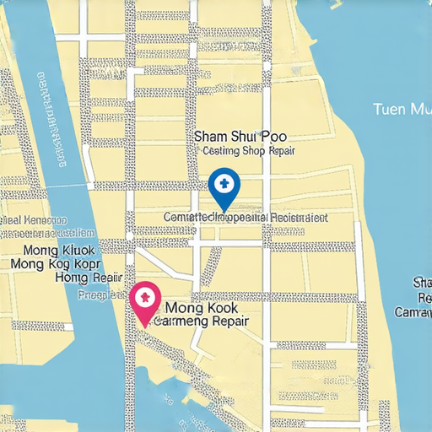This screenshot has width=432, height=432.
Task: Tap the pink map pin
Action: pyautogui.click(x=145, y=300)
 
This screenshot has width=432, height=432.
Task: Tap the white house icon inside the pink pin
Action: pyautogui.click(x=145, y=296)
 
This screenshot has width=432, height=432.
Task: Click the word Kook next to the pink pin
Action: pyautogui.click(x=219, y=308)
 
